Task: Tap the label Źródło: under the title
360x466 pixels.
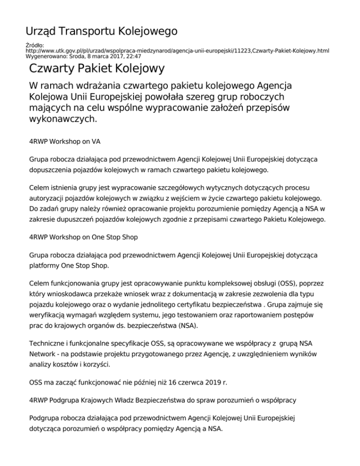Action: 34,45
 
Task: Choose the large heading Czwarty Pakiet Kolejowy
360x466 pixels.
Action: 97,69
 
